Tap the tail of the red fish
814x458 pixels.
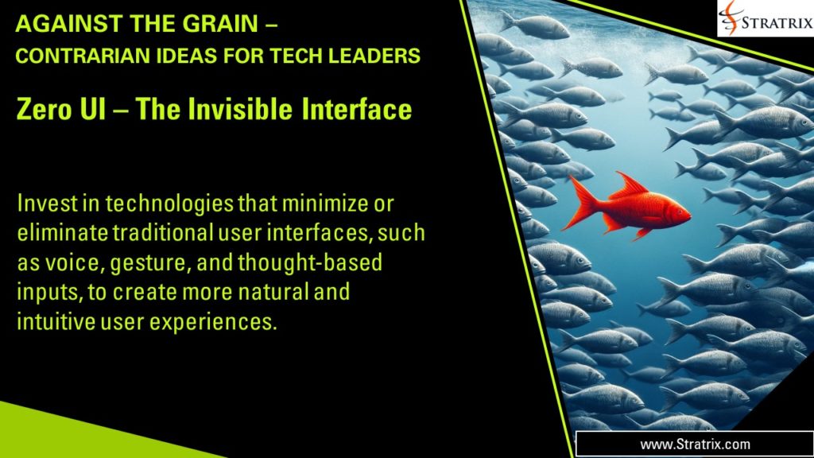(581, 202)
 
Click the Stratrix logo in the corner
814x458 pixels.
(764, 18)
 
